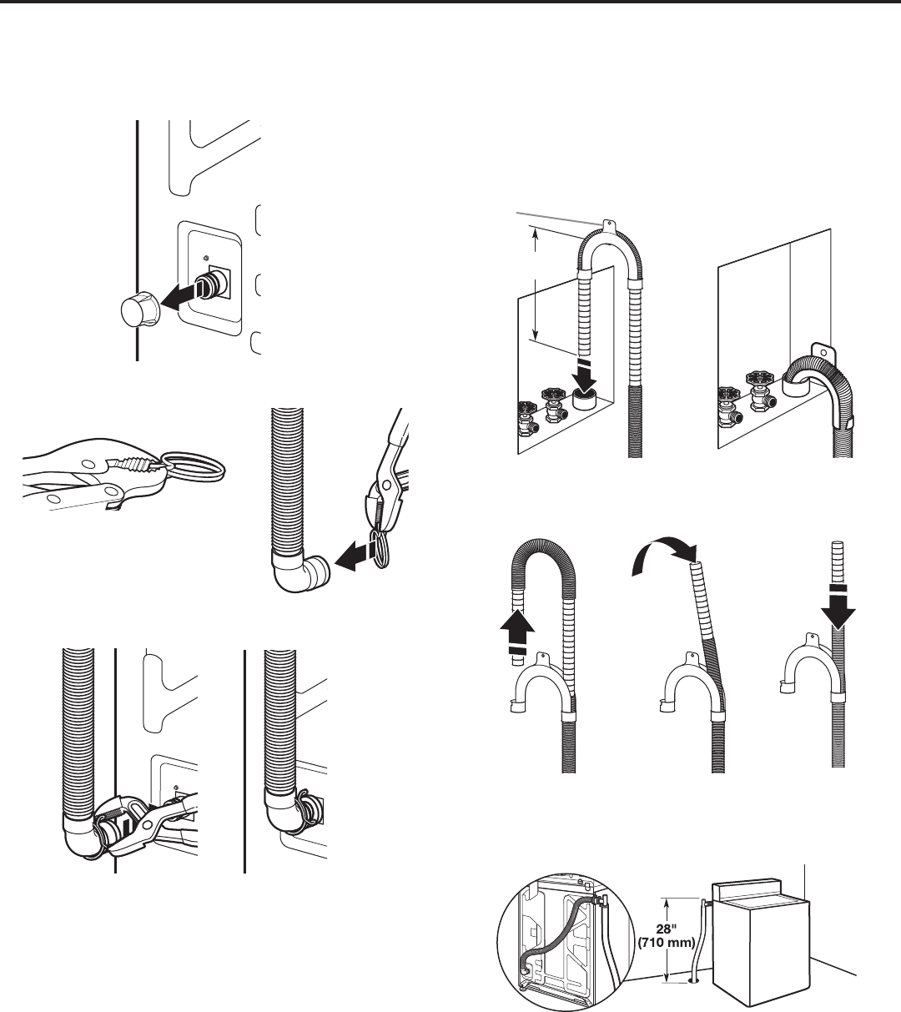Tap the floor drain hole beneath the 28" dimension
point(694,982)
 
